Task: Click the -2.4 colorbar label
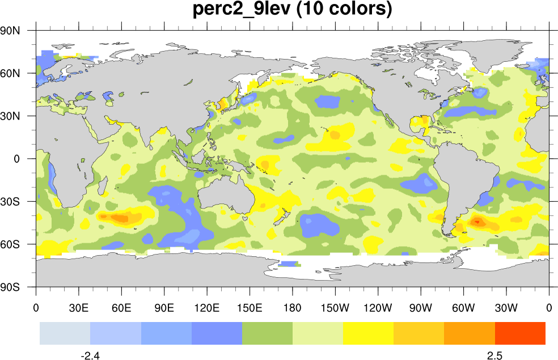pos(90,355)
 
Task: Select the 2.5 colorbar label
pos(494,355)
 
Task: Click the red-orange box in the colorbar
pos(520,333)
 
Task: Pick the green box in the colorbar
pos(267,333)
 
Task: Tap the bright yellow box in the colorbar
pos(368,333)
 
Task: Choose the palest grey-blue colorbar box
pos(65,333)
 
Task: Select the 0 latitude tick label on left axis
pos(18,159)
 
